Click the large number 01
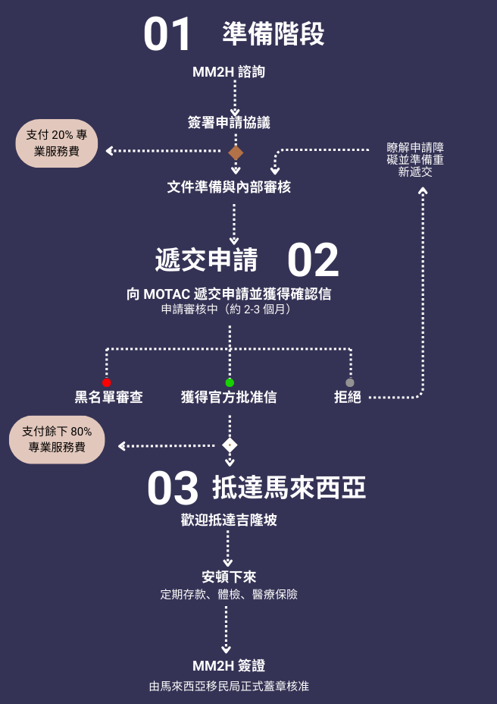(168, 35)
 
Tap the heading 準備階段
(274, 33)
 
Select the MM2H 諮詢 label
(229, 73)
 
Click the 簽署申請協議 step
(229, 122)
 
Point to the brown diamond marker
(236, 152)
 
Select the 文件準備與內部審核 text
(229, 187)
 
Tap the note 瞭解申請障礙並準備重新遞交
(415, 160)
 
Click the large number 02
(312, 261)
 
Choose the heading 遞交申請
(206, 259)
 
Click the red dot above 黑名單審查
(107, 382)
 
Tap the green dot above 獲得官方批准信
(230, 382)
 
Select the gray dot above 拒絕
(349, 382)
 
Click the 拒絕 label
(348, 397)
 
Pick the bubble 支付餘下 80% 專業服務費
(57, 439)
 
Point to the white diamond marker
(230, 445)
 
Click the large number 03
(173, 489)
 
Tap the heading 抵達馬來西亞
(289, 488)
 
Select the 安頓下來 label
(229, 577)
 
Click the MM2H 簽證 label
(229, 666)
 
